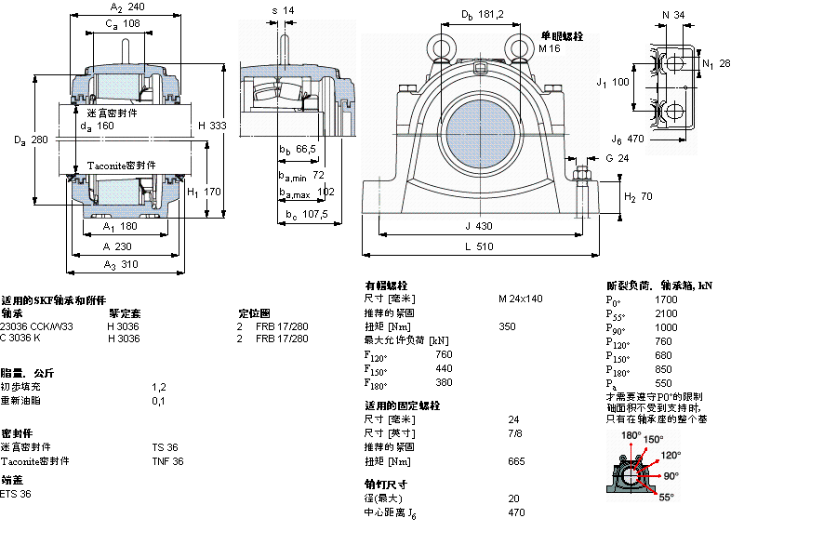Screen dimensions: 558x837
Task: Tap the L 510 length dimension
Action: (x=481, y=246)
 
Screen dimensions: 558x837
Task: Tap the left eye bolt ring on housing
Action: (x=439, y=45)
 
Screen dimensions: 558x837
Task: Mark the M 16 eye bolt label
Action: (x=550, y=48)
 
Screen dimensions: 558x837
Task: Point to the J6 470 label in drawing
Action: (x=628, y=139)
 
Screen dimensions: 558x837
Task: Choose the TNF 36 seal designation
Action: (x=167, y=461)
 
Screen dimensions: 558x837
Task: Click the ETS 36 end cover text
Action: (x=16, y=494)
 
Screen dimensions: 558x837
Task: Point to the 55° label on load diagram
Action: (x=666, y=498)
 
